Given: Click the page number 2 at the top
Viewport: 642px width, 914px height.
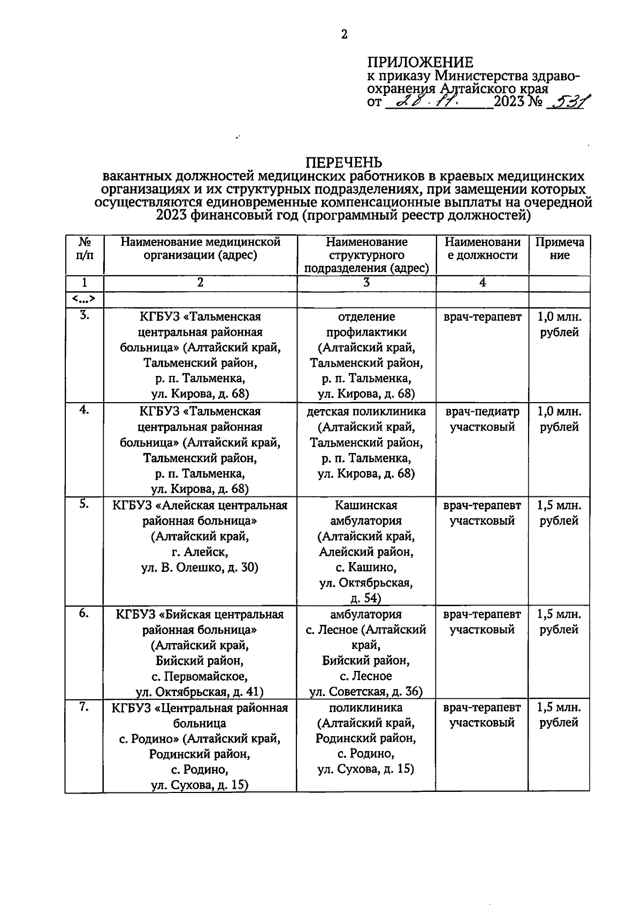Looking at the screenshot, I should pyautogui.click(x=344, y=35).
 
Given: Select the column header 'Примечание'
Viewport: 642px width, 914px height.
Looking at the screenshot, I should pyautogui.click(x=560, y=249).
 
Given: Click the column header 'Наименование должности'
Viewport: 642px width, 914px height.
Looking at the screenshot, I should pyautogui.click(x=483, y=249).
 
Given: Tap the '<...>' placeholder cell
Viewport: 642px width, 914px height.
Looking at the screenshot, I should pyautogui.click(x=84, y=299).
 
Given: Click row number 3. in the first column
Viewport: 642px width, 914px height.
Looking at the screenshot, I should pyautogui.click(x=84, y=316).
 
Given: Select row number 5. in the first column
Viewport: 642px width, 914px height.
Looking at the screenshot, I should pyautogui.click(x=84, y=504).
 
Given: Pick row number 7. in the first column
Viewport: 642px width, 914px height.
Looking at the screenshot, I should pyautogui.click(x=84, y=707).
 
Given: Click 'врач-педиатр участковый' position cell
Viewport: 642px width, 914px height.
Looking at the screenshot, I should pyautogui.click(x=483, y=419).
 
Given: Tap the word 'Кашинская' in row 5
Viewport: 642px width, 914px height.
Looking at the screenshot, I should pyautogui.click(x=366, y=505).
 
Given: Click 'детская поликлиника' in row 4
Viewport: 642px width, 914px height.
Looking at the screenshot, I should pyautogui.click(x=366, y=411).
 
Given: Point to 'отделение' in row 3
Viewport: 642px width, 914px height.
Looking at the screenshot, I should pyautogui.click(x=366, y=317).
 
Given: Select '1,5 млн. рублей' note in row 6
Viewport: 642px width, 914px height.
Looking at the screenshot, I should pyautogui.click(x=560, y=622).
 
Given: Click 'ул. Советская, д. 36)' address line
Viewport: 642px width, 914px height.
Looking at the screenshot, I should pyautogui.click(x=366, y=692).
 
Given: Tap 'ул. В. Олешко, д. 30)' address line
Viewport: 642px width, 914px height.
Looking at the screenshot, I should pyautogui.click(x=200, y=568).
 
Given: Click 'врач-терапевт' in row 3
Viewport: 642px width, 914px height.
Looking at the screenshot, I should pyautogui.click(x=483, y=317).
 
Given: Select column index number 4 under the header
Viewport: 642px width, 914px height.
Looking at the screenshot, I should pyautogui.click(x=483, y=283).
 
